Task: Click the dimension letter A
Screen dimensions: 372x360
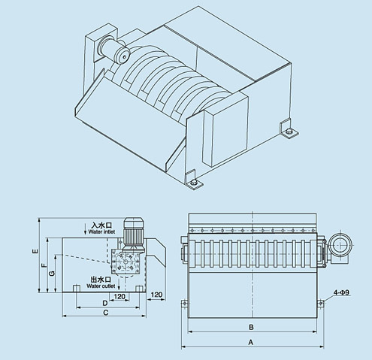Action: [250, 342]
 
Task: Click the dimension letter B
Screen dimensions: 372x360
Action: [251, 327]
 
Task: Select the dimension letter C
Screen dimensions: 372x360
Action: [105, 313]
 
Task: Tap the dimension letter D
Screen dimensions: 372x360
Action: [105, 303]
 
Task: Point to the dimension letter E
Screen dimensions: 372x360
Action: [36, 251]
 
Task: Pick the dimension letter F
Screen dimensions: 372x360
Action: [44, 265]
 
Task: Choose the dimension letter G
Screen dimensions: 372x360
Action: [53, 274]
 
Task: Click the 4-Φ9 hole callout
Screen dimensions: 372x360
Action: [341, 292]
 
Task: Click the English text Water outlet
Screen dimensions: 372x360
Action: [101, 286]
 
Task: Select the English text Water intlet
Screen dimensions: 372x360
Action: [101, 231]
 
